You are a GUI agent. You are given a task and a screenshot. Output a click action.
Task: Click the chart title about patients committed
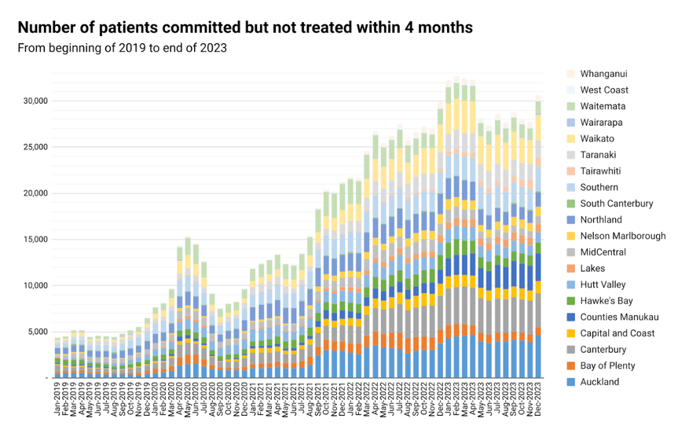[x=244, y=28]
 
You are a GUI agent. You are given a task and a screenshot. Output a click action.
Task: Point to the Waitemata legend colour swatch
[x=572, y=106]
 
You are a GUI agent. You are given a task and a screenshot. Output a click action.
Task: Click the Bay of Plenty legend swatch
[x=572, y=365]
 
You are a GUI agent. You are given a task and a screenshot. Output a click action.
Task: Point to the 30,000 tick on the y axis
[x=35, y=101]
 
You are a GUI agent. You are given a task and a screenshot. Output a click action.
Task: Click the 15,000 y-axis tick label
[x=35, y=240]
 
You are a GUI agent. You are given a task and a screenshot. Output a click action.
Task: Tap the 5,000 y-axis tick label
[x=37, y=332]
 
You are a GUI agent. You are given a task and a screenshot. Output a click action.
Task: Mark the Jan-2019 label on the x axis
[x=58, y=401]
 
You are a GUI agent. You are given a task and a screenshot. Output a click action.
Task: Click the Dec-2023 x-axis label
[x=539, y=401]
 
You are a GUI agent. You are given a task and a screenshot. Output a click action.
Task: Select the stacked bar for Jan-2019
[x=57, y=358]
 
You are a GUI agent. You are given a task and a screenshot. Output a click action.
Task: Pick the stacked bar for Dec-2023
[x=539, y=236]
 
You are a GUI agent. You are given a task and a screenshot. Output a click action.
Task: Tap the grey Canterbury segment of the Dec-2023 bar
[x=539, y=310]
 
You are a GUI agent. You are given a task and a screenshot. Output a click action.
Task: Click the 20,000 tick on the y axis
[x=35, y=193]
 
